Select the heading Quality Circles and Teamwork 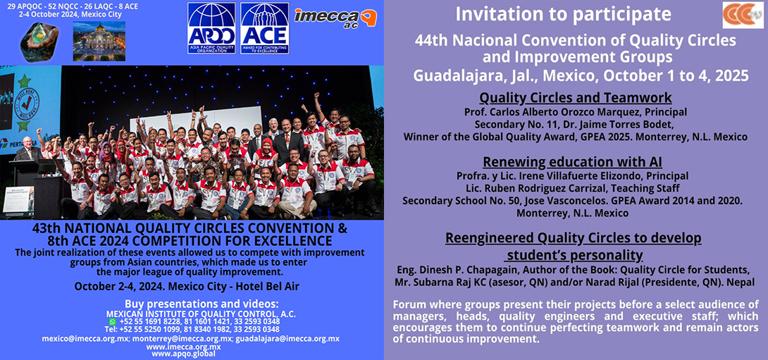click(575, 98)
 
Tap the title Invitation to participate click(562, 14)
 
